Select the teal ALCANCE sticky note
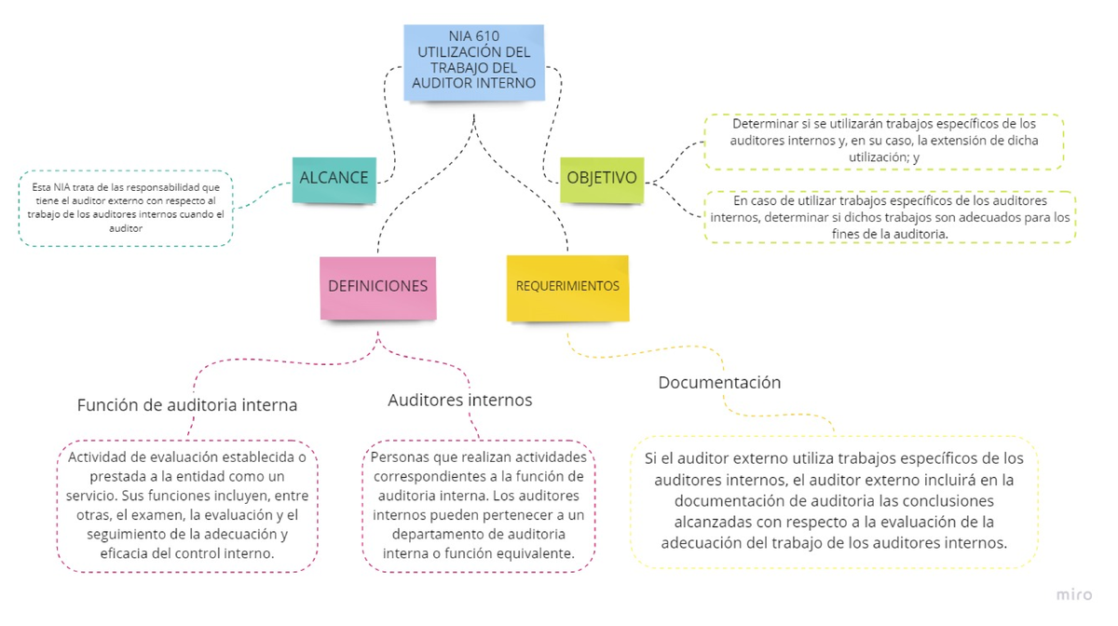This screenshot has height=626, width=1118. click(x=334, y=179)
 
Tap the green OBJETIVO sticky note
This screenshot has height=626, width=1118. click(x=602, y=179)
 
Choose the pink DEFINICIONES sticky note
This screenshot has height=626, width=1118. click(x=377, y=287)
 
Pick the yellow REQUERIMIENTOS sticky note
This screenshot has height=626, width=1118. click(x=567, y=287)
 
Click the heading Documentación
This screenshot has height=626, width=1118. click(x=719, y=383)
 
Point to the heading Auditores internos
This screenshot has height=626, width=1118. click(x=459, y=401)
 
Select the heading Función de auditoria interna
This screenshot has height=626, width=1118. click(x=187, y=405)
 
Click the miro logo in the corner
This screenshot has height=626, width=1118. click(x=1074, y=594)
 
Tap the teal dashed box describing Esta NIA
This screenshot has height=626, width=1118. click(x=126, y=208)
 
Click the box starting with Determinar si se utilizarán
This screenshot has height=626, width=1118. click(x=883, y=141)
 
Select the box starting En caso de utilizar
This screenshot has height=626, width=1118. click(x=890, y=217)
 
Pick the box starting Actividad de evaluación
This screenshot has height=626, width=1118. click(x=187, y=505)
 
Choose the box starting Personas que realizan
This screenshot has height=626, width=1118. click(x=479, y=505)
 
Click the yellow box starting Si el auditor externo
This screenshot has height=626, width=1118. click(x=834, y=500)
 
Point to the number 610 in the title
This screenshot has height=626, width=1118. click(x=486, y=36)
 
